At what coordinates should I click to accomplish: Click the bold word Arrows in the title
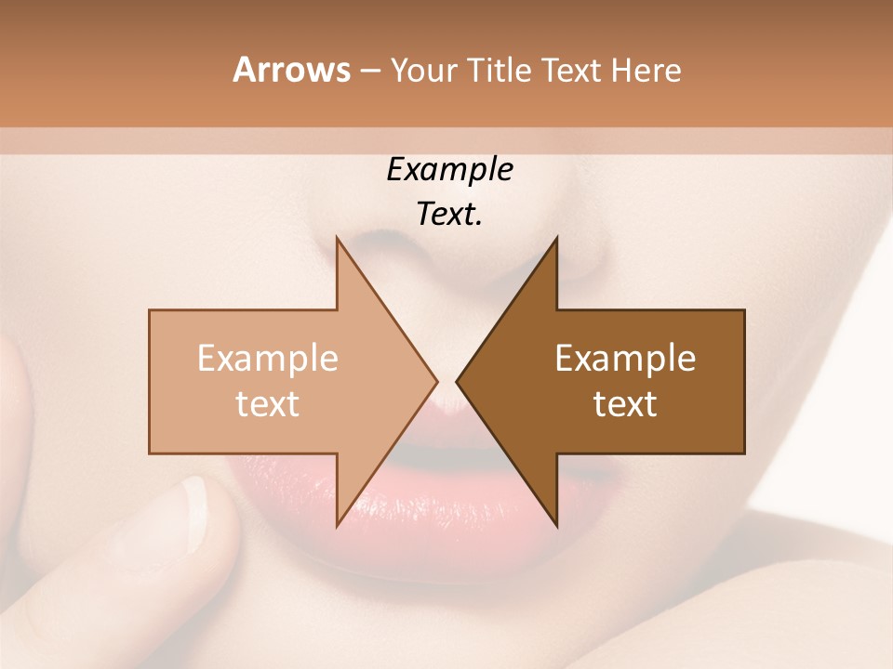[x=291, y=70]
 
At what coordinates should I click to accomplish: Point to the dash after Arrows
[x=369, y=72]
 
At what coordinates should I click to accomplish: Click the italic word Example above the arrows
[x=450, y=170]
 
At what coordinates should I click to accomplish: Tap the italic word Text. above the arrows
[x=450, y=215]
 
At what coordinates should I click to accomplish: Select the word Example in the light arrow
[x=268, y=359]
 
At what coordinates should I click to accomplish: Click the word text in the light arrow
[x=268, y=404]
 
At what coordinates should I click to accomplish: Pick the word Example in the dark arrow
[x=625, y=359]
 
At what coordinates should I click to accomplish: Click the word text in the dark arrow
[x=625, y=404]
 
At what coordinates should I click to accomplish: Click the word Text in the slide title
[x=571, y=71]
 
